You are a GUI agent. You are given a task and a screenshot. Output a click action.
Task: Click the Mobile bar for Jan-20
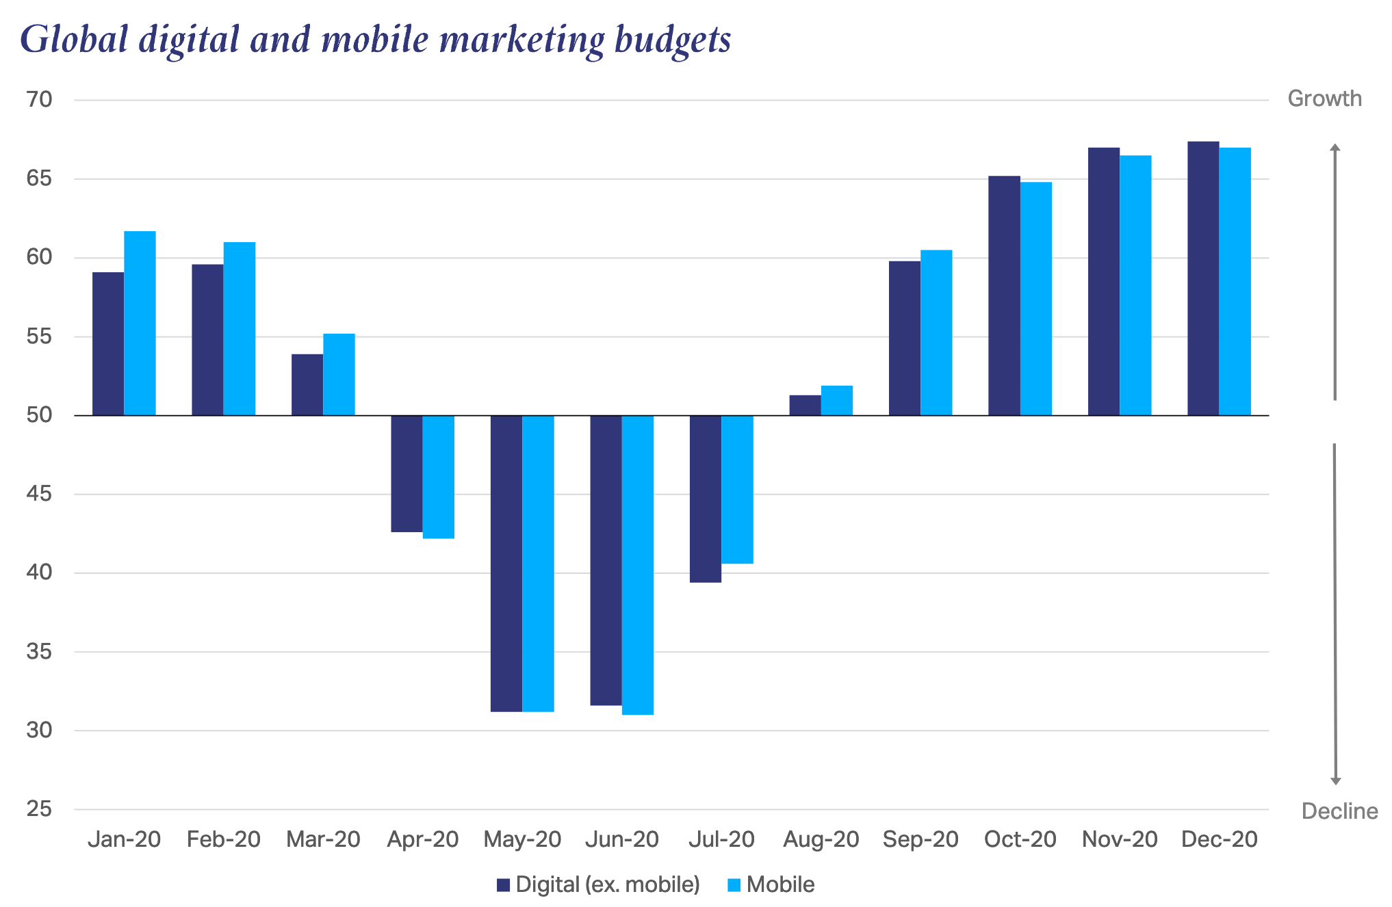[x=140, y=323]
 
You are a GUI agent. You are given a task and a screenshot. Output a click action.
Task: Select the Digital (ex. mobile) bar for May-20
[x=506, y=563]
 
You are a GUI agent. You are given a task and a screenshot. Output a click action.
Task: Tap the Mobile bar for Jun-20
[x=638, y=564]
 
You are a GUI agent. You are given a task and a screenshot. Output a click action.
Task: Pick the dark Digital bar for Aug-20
[x=805, y=405]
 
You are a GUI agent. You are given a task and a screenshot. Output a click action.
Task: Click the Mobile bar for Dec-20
[x=1235, y=281]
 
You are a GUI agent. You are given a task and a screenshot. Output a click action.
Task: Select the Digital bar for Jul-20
[x=706, y=499]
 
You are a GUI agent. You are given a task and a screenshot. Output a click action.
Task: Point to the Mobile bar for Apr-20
[x=439, y=477]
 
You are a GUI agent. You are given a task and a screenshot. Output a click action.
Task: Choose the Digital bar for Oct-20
[x=1004, y=295]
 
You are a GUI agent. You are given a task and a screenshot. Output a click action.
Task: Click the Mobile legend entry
[x=771, y=884]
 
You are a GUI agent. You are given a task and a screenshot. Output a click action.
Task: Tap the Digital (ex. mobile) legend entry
[x=599, y=884]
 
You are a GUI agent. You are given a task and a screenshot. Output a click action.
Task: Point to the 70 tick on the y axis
[x=39, y=100]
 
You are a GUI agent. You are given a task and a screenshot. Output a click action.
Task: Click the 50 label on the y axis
[x=39, y=415]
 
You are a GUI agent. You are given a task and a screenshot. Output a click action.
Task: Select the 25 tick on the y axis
[x=39, y=809]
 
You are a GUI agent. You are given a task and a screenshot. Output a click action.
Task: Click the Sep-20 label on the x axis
[x=920, y=839]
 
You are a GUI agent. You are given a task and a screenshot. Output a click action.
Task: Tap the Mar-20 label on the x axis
[x=323, y=839]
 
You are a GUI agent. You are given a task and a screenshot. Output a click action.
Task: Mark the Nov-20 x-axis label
[x=1120, y=839]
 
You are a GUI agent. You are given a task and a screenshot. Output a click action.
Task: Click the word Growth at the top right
[x=1324, y=98]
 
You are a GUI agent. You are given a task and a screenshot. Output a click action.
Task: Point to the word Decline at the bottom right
[x=1339, y=811]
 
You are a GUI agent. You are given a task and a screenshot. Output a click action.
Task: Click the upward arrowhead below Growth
[x=1335, y=148]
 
